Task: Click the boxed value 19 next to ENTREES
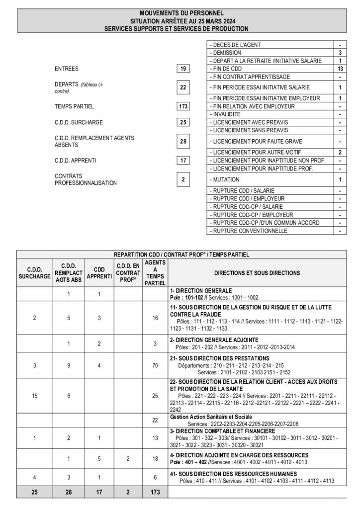pyautogui.click(x=183, y=69)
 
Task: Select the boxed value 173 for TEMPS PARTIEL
pyautogui.click(x=183, y=106)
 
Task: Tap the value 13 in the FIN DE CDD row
pyautogui.click(x=340, y=68)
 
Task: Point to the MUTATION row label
pyautogui.click(x=225, y=179)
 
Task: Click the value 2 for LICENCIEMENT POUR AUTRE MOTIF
pyautogui.click(x=340, y=152)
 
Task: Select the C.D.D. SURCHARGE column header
pyautogui.click(x=34, y=273)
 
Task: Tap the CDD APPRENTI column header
pyautogui.click(x=99, y=273)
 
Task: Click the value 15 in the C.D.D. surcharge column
pyautogui.click(x=34, y=396)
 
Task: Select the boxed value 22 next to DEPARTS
pyautogui.click(x=183, y=87)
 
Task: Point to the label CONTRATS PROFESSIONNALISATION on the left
pyautogui.click(x=86, y=179)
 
